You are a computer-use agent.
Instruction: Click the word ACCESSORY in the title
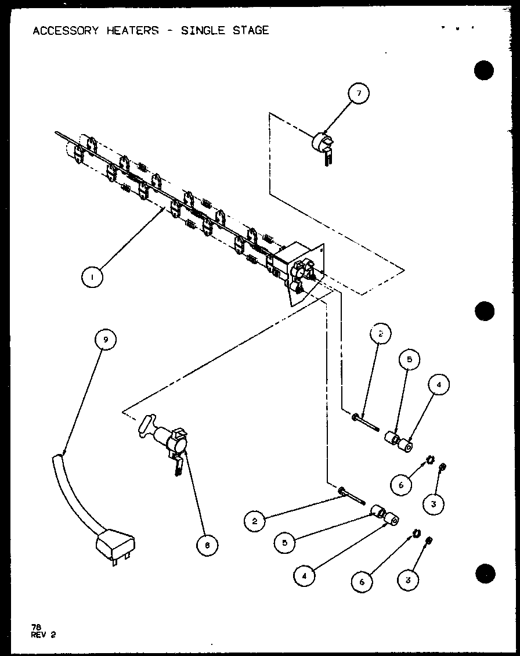[x=65, y=30]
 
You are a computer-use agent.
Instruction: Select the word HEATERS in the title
[x=132, y=30]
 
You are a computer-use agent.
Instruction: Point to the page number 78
[x=37, y=626]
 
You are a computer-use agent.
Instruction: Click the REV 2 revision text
[x=44, y=634]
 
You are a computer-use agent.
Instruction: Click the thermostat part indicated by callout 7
[x=322, y=144]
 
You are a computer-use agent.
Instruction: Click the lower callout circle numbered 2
[x=254, y=521]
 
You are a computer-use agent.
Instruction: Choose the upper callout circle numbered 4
[x=439, y=384]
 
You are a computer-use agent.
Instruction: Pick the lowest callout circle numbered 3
[x=409, y=579]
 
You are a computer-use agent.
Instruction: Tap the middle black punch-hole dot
[x=483, y=311]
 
